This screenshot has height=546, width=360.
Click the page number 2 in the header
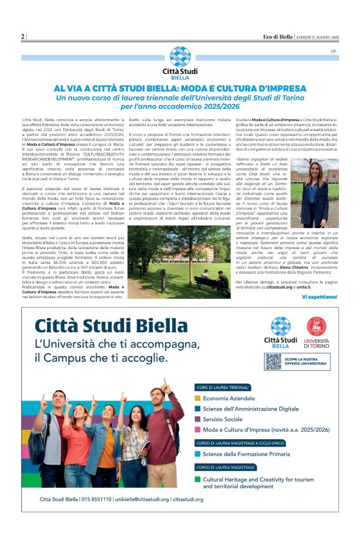[x=23, y=37]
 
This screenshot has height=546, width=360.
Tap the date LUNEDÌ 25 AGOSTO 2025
[x=317, y=37]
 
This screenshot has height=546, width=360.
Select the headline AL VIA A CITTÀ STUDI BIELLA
[x=180, y=89]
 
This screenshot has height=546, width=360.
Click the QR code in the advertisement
[x=273, y=362]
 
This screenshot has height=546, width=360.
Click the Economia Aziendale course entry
[x=229, y=398]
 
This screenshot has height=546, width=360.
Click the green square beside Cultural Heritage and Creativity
[x=197, y=479]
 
